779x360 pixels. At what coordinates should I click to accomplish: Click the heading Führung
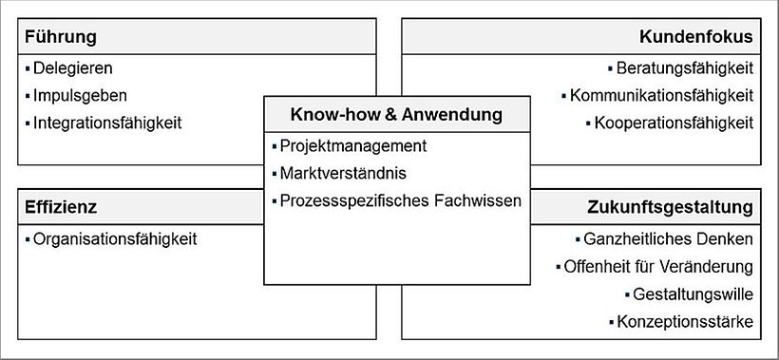[61, 37]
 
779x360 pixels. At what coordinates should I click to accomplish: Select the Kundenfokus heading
[696, 37]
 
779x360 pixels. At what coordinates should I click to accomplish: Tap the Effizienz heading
[62, 206]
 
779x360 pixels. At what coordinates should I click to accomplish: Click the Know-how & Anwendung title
[396, 116]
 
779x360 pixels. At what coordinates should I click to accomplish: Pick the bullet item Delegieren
[73, 68]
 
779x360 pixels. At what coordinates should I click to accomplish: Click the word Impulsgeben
[80, 96]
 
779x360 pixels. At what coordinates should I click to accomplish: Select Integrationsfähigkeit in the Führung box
[107, 123]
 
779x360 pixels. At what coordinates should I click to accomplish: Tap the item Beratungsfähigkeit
[684, 68]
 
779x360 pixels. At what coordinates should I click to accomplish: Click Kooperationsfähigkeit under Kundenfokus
[674, 123]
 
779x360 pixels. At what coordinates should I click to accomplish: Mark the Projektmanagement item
[353, 146]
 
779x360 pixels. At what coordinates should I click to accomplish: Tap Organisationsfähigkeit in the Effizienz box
[115, 239]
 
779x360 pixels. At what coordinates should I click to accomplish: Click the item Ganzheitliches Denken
[668, 239]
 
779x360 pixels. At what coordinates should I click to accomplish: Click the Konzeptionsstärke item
[684, 323]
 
